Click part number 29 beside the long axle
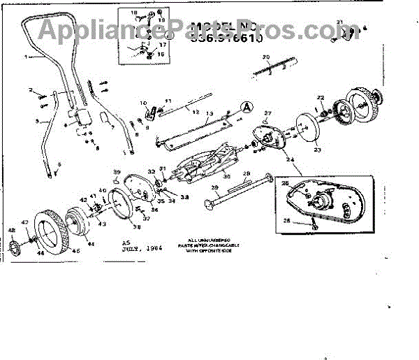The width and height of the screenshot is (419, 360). tap(215, 188)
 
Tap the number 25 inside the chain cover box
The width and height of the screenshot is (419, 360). tap(285, 184)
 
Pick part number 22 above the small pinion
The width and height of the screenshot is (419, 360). tap(321, 97)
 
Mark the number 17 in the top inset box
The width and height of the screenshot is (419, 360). tap(163, 45)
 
